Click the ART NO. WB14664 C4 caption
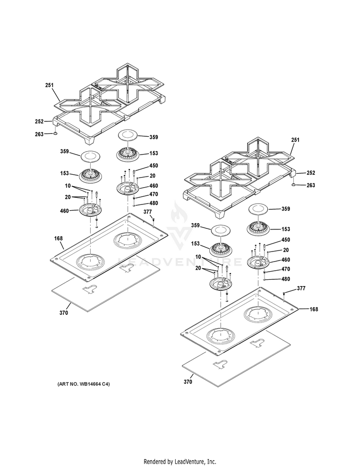click(x=84, y=384)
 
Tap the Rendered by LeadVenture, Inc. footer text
click(x=180, y=462)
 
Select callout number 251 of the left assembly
click(x=49, y=85)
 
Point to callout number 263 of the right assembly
click(x=311, y=185)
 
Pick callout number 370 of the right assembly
click(x=188, y=382)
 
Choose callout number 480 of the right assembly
click(x=285, y=279)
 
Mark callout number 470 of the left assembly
click(x=154, y=194)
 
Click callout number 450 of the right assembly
click(x=286, y=240)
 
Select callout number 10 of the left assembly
click(x=68, y=185)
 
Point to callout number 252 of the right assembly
click(x=311, y=173)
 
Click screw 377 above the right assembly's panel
click(x=285, y=293)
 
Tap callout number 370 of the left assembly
click(x=64, y=313)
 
